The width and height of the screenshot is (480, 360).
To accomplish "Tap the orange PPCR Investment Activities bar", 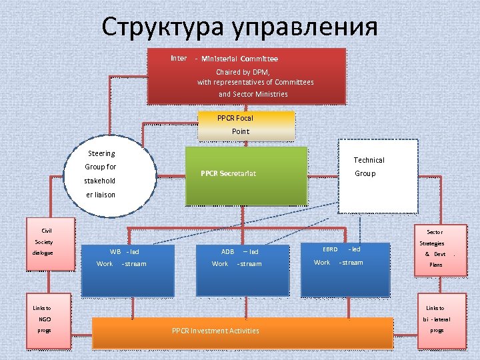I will tap(242, 331).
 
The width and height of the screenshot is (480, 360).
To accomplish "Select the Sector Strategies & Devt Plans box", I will tap(435, 249).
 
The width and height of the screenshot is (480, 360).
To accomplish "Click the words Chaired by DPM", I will tap(242, 72).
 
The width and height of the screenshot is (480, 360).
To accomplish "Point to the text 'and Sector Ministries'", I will tap(253, 94).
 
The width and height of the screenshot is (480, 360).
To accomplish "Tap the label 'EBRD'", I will tap(330, 249).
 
